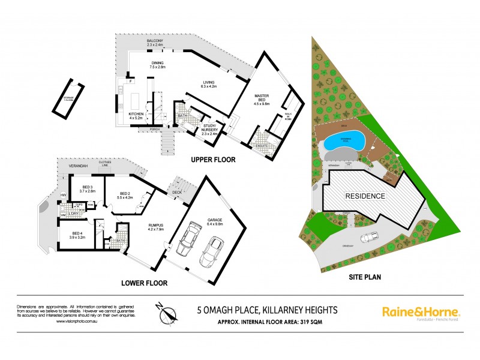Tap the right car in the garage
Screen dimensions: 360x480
tap(212, 250)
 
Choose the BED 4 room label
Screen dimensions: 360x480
tap(77, 235)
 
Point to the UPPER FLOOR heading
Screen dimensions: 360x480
tap(213, 160)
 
